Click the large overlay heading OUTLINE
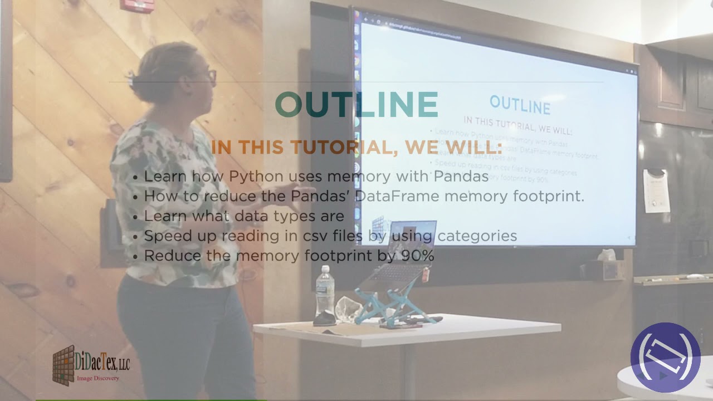[x=356, y=105]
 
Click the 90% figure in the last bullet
[x=417, y=256]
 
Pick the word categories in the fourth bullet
[x=477, y=236]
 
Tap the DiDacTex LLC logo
[x=91, y=365]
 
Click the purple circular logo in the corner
[x=665, y=357]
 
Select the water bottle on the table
[x=325, y=291]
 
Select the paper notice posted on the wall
[x=656, y=190]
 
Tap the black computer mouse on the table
[x=324, y=320]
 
